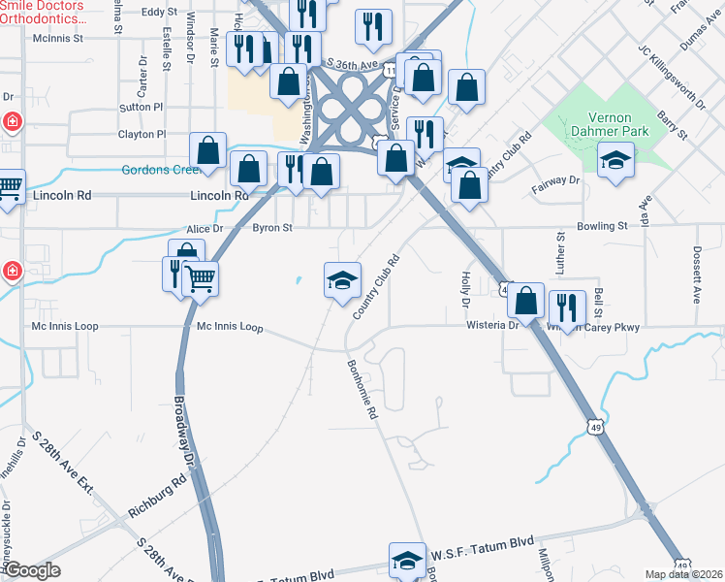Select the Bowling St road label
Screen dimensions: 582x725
[x=602, y=226]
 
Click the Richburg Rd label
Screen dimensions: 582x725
[x=156, y=495]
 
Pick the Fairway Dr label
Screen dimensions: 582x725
[x=554, y=180]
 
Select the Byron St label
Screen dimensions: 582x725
[x=272, y=228]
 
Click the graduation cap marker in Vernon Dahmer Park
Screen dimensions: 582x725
[x=615, y=160]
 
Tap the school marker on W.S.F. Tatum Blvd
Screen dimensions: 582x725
[x=407, y=560]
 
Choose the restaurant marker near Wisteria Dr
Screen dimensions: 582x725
[x=567, y=308]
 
